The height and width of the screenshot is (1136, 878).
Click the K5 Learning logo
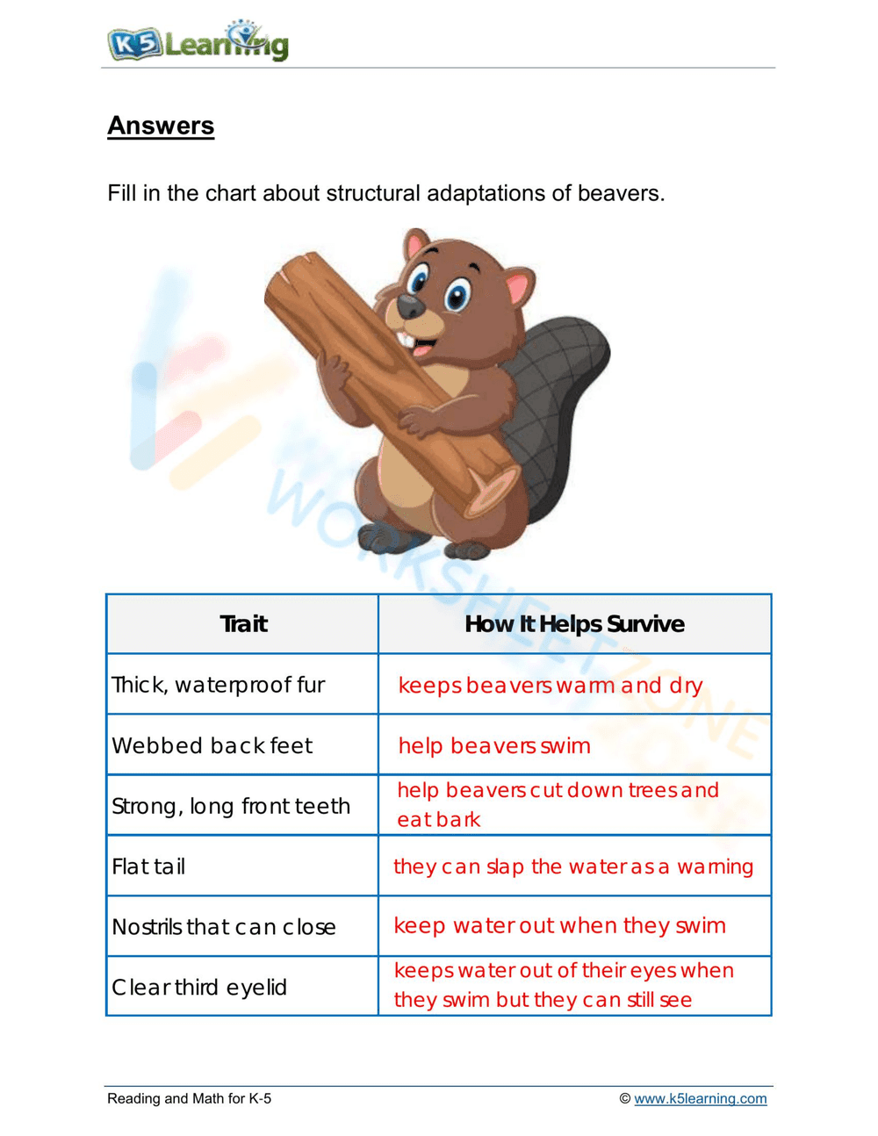(x=198, y=41)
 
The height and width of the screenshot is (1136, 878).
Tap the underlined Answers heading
(x=161, y=126)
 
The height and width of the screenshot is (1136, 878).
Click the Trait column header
(x=243, y=624)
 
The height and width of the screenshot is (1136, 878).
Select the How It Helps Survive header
(x=574, y=624)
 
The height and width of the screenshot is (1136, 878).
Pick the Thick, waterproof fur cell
(x=219, y=685)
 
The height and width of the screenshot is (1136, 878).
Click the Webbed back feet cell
(x=212, y=745)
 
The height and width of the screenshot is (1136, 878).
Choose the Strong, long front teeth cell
(x=231, y=806)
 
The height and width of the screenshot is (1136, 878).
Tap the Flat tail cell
(x=149, y=866)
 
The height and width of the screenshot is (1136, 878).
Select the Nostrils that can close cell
(x=224, y=927)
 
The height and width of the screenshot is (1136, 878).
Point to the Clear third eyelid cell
(x=199, y=988)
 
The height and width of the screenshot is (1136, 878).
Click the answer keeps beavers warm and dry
(x=551, y=685)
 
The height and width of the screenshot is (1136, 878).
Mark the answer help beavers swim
(x=494, y=745)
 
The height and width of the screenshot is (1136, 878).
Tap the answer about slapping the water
(x=573, y=866)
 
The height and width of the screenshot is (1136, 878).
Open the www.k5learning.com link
(x=700, y=1098)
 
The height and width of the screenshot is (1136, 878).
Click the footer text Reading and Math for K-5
(x=189, y=1098)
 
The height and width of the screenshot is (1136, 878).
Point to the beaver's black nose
(x=410, y=306)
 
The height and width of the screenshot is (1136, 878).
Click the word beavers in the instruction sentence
(x=618, y=193)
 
